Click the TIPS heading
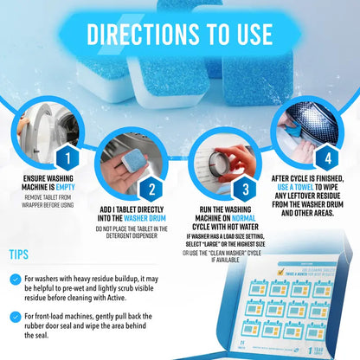click(24, 254)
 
